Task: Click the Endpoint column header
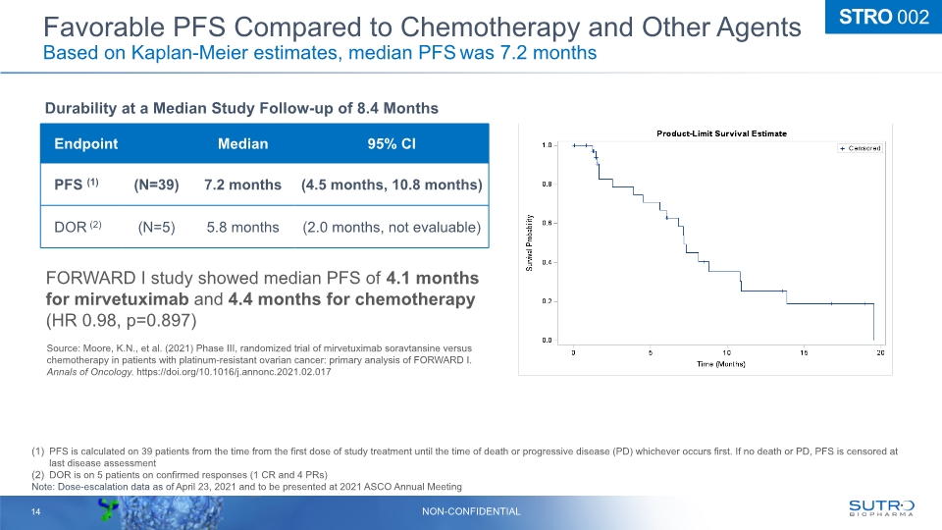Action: [x=86, y=144]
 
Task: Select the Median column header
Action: [x=242, y=144]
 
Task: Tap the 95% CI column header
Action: [x=391, y=144]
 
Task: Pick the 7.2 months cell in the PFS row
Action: [x=242, y=185]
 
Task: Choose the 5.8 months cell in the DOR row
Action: [x=242, y=228]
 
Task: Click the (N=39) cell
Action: [x=156, y=185]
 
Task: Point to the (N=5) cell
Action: [x=156, y=228]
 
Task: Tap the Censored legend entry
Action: [x=860, y=148]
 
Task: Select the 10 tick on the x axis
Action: [x=726, y=351]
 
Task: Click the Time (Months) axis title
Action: [x=720, y=364]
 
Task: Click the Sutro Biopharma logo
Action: [x=881, y=506]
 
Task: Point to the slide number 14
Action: [x=35, y=511]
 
